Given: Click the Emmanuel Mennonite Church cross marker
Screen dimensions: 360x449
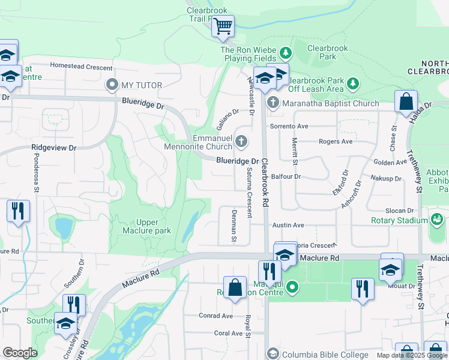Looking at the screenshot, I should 241,142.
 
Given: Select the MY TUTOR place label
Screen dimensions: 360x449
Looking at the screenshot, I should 142,85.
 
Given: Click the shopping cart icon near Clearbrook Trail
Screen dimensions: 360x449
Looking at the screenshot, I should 223,26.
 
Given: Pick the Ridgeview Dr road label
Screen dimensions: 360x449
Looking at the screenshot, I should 54,147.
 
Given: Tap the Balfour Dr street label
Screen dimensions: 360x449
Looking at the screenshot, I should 285,177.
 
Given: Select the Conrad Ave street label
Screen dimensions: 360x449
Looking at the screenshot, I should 215,316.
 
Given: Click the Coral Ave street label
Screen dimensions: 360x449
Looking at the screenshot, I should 214,333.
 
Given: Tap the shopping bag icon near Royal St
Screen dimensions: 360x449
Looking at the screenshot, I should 234,287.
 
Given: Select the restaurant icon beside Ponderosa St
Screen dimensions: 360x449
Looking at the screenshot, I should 18,211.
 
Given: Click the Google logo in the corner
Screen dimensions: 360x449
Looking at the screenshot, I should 20,353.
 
